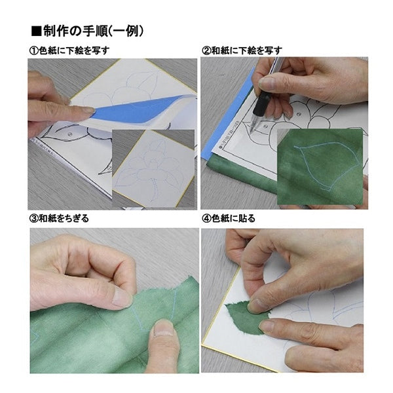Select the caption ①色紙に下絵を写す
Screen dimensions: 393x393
pos(68,50)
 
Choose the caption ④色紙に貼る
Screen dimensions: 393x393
pos(229,219)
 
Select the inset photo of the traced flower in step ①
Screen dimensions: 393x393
pos(153,167)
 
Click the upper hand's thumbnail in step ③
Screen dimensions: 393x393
pos(121,298)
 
